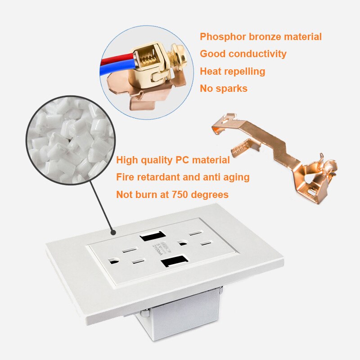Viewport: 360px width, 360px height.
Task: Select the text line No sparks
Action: pyautogui.click(x=224, y=88)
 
